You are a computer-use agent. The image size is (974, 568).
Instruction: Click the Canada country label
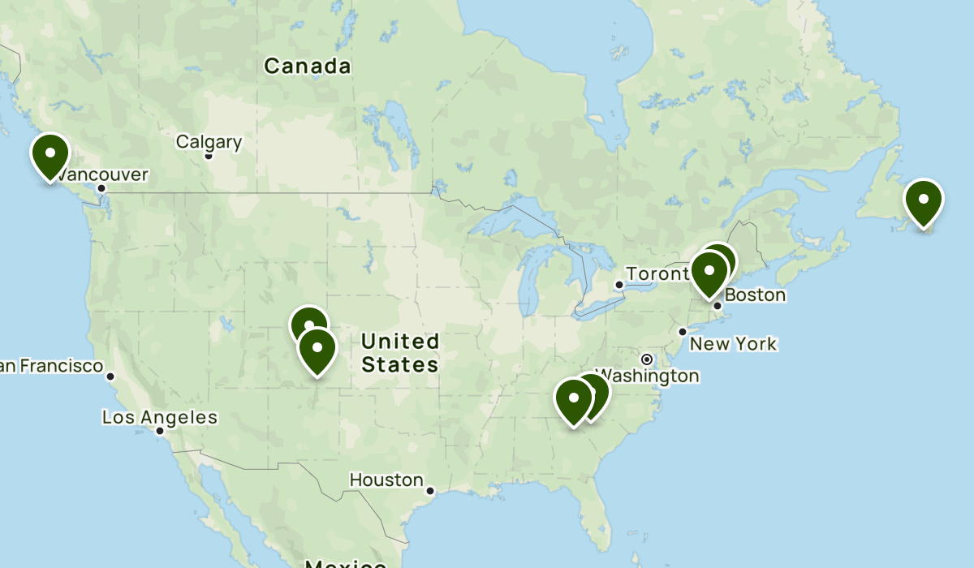pyautogui.click(x=308, y=67)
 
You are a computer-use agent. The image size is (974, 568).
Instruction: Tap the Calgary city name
pyautogui.click(x=209, y=143)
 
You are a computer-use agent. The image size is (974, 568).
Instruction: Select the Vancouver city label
pyautogui.click(x=104, y=174)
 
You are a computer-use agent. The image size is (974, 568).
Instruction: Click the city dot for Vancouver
pyautogui.click(x=101, y=188)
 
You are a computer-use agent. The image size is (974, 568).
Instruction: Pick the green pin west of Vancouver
pyautogui.click(x=50, y=155)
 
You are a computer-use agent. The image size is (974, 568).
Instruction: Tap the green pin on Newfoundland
pyautogui.click(x=924, y=201)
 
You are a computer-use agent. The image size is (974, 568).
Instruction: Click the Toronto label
pyautogui.click(x=653, y=274)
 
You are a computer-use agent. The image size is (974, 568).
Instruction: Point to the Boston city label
pyautogui.click(x=755, y=295)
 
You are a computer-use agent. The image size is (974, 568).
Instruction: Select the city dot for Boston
pyautogui.click(x=718, y=306)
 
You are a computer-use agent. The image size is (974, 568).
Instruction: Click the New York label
pyautogui.click(x=733, y=344)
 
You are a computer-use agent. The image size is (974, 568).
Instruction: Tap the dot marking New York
pyautogui.click(x=683, y=331)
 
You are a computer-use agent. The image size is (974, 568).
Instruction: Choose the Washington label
pyautogui.click(x=651, y=376)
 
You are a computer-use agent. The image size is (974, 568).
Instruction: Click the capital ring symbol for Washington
pyautogui.click(x=647, y=359)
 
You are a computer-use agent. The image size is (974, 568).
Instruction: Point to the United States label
pyautogui.click(x=400, y=352)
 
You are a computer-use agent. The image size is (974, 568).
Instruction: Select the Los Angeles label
pyautogui.click(x=159, y=418)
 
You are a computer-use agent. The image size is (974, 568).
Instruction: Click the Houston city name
pyautogui.click(x=386, y=480)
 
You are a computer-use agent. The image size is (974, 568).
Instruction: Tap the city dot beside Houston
pyautogui.click(x=430, y=490)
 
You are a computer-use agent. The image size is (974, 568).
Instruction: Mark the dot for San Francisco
pyautogui.click(x=110, y=376)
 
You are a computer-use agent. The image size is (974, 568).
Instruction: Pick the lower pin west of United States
pyautogui.click(x=317, y=350)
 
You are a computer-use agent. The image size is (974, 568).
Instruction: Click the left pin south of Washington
pyautogui.click(x=573, y=400)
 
